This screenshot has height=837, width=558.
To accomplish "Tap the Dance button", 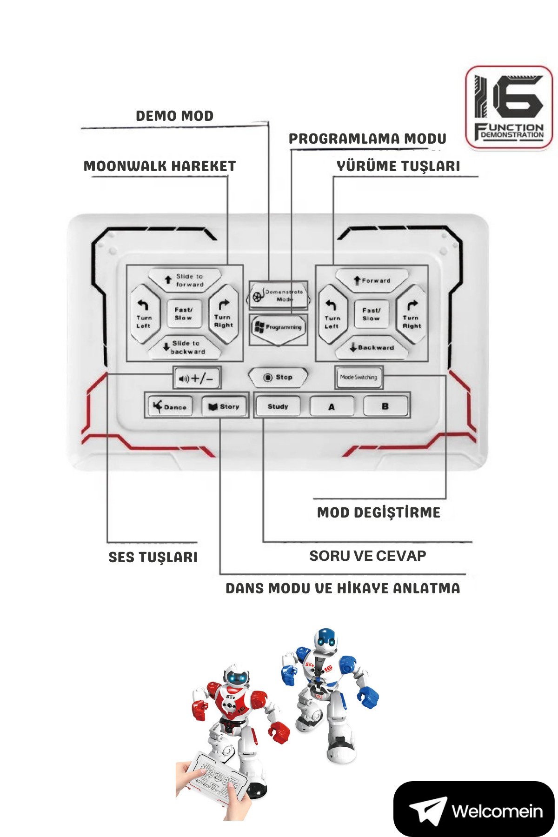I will [x=170, y=406].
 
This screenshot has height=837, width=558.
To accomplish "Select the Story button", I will [x=224, y=406].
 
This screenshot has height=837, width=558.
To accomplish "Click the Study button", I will [x=278, y=406].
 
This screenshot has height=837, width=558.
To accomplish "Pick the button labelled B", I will [x=385, y=406].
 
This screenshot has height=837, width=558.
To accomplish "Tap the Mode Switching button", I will [x=359, y=377].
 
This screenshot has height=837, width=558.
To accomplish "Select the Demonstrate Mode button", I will [x=279, y=295].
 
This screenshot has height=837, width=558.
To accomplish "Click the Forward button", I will [x=372, y=280].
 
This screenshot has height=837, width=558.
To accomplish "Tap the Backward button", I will [x=372, y=347].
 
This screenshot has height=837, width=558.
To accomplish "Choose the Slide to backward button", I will [x=185, y=347].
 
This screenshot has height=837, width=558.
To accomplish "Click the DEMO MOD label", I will [x=174, y=116].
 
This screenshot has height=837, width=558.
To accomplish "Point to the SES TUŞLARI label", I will [x=153, y=557].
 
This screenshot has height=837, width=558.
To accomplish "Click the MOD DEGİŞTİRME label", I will [x=379, y=512].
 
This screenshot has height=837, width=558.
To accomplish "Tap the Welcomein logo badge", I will [x=474, y=810].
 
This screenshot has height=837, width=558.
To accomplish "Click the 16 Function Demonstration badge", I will [x=509, y=107].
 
